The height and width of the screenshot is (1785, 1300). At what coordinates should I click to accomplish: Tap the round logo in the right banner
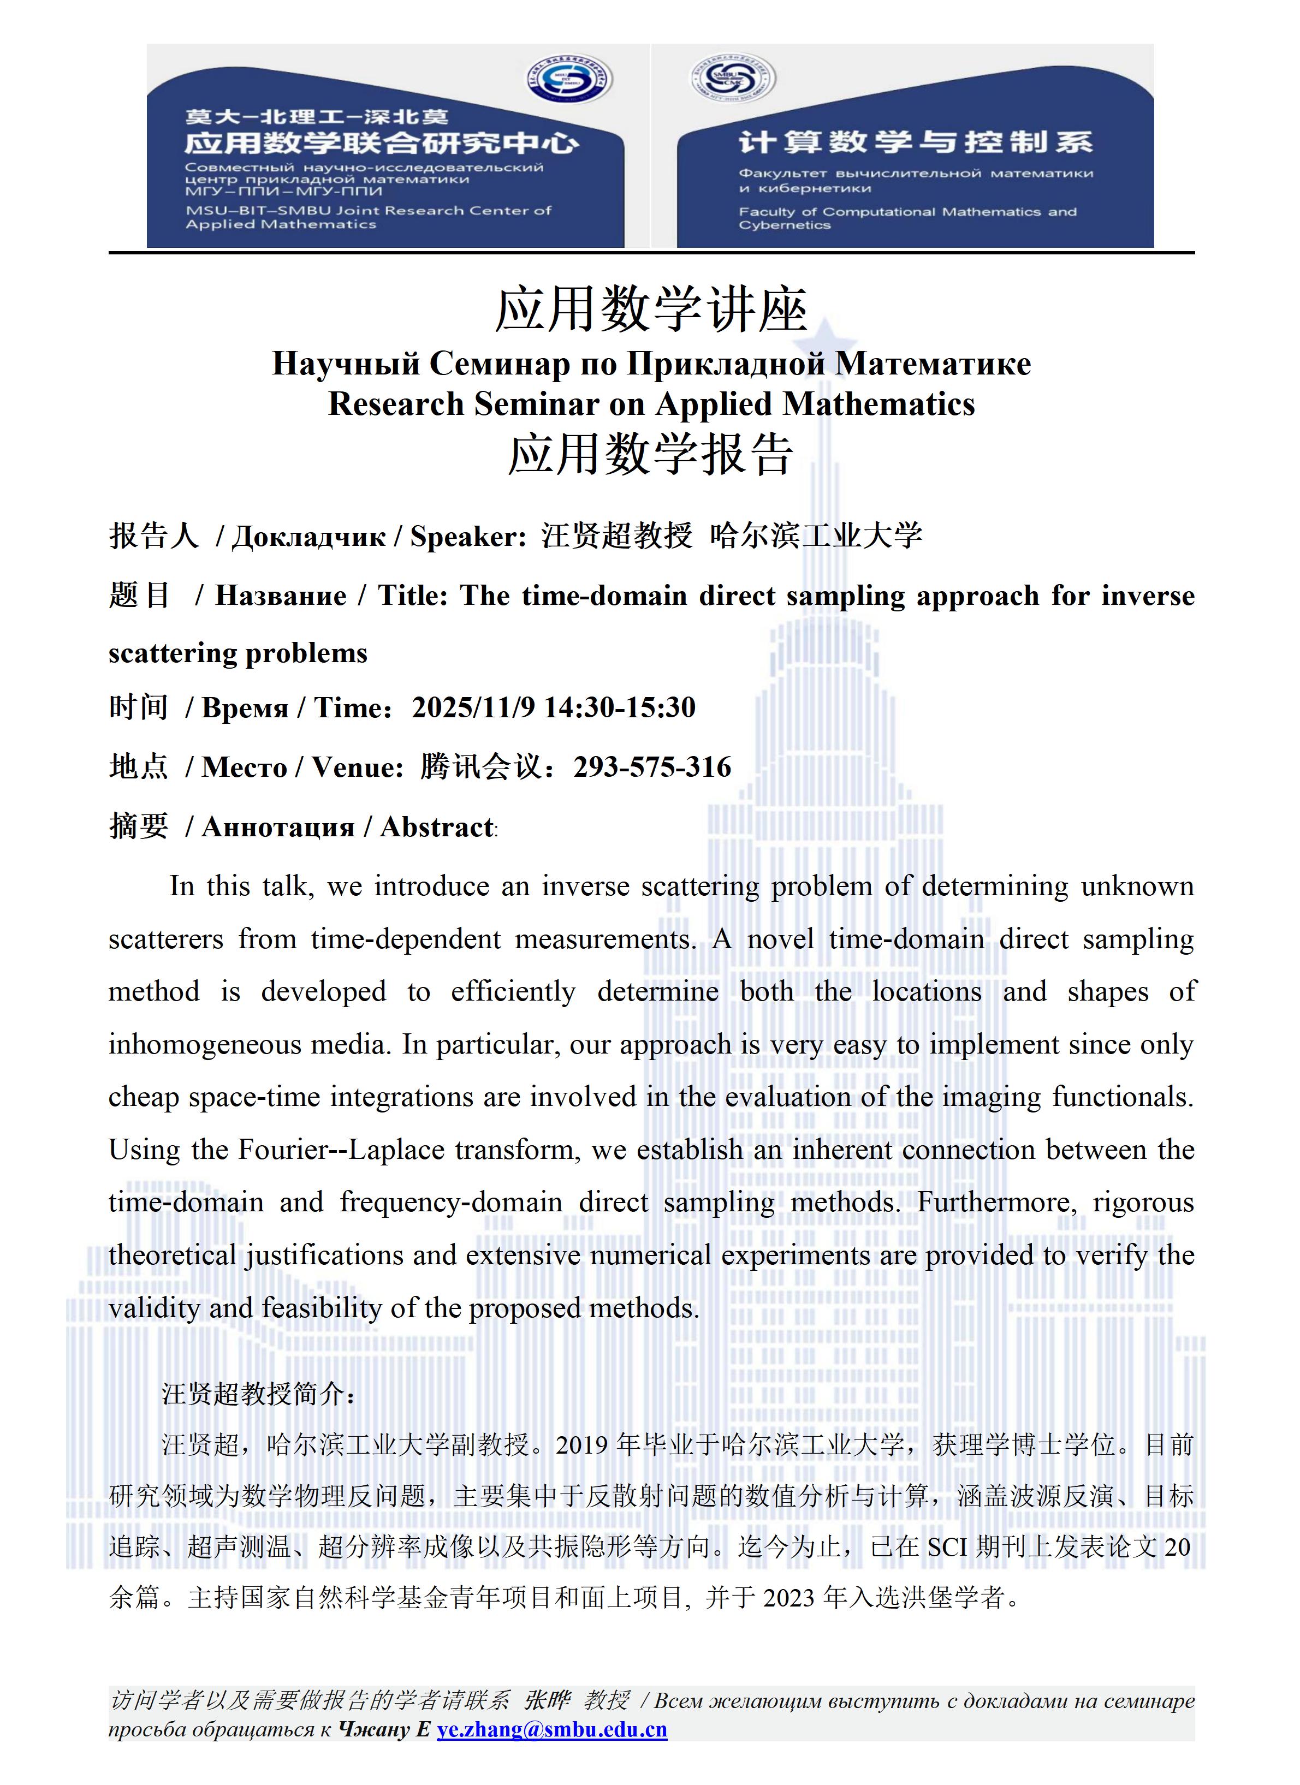[x=732, y=78]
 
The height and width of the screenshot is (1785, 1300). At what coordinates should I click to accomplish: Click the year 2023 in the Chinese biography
[x=789, y=1598]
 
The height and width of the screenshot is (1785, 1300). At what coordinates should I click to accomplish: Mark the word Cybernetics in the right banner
[x=784, y=225]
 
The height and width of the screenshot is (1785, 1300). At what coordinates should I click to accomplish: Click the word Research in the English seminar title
[x=396, y=404]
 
